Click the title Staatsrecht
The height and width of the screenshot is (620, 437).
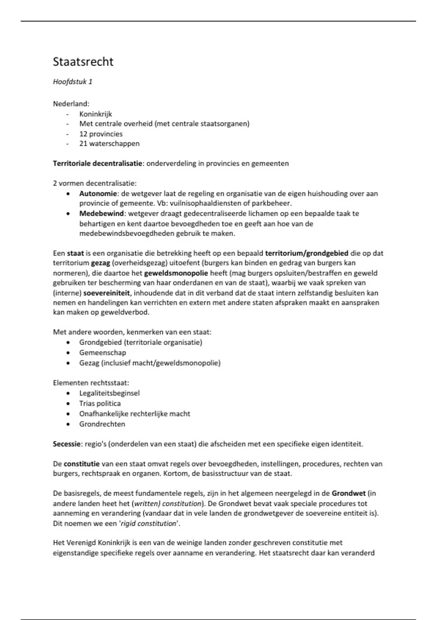click(83, 62)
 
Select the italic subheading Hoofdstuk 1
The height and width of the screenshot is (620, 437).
click(72, 82)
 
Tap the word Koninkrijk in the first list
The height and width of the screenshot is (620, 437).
click(95, 114)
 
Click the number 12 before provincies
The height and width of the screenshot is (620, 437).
click(83, 134)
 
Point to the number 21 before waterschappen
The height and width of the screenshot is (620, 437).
click(83, 144)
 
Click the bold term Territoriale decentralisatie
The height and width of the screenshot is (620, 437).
click(97, 163)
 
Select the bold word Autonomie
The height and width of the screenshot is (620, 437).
click(98, 194)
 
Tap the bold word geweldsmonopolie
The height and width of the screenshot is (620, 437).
click(176, 273)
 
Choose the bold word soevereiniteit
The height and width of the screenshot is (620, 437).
click(107, 293)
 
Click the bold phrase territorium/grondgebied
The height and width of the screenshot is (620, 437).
click(307, 253)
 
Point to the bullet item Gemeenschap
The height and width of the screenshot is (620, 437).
click(102, 353)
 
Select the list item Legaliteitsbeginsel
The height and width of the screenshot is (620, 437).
click(109, 393)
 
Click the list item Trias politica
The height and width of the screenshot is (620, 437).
click(100, 403)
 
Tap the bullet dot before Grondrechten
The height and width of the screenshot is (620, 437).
click(68, 424)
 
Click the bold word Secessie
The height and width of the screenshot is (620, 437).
click(67, 444)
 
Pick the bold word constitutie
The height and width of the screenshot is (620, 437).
click(82, 464)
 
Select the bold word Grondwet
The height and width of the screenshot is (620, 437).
click(349, 493)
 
